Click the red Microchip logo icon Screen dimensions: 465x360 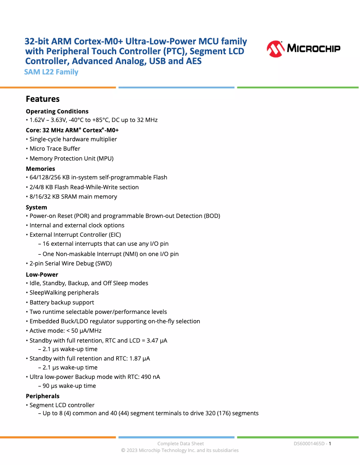(x=275, y=49)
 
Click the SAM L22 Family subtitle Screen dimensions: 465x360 (x=52, y=72)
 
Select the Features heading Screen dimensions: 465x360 (x=43, y=99)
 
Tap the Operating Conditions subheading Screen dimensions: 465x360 (x=57, y=111)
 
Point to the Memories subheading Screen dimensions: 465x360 (x=40, y=169)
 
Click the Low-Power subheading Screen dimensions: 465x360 (x=42, y=274)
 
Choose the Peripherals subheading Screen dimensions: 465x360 (x=43, y=396)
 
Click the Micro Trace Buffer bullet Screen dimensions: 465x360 (x=55, y=148)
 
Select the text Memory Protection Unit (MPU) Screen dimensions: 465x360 (x=71, y=158)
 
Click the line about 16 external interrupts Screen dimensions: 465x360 (x=105, y=244)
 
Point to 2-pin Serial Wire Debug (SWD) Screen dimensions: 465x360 (x=70, y=263)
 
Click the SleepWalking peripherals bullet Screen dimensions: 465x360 (x=64, y=292)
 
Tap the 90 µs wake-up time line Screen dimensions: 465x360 (x=69, y=386)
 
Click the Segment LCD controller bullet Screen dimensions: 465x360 (x=62, y=405)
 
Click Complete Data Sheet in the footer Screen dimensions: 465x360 (x=180, y=443)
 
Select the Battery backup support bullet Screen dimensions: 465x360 (x=61, y=302)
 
